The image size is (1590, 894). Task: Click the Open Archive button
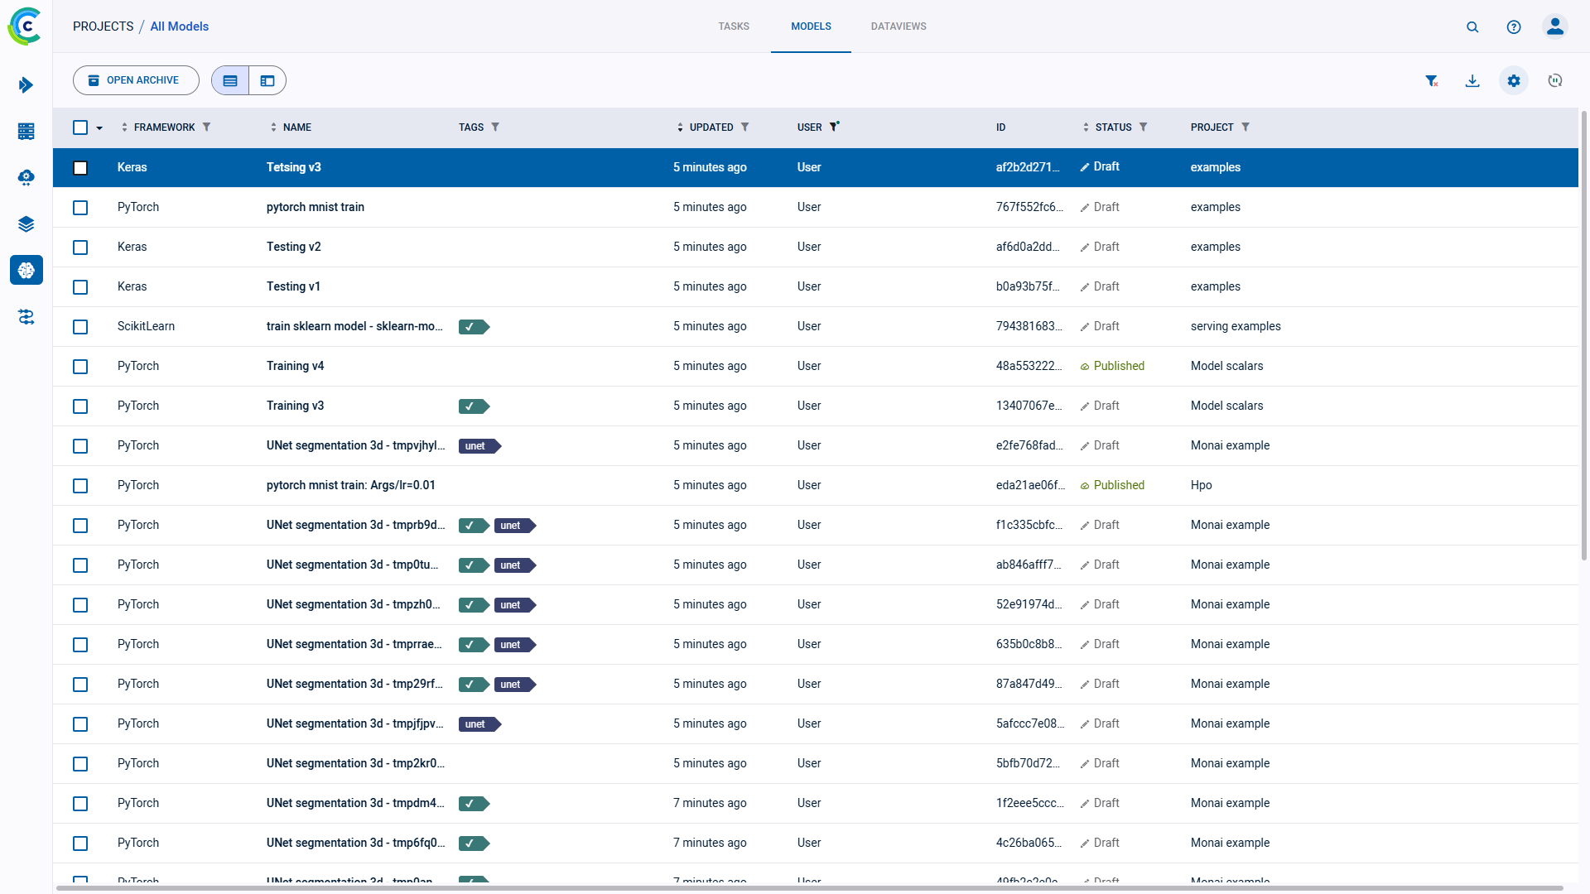pos(136,80)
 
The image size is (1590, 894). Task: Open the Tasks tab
pos(733,26)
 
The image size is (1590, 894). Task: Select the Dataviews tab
pos(898,26)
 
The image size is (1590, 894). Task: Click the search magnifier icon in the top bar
pos(1472,27)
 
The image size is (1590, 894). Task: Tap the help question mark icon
pos(1513,27)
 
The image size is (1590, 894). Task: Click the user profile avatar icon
pos(1554,26)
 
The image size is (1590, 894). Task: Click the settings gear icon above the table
pos(1513,81)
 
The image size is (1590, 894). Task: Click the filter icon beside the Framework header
pos(206,127)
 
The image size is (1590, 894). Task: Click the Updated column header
pos(711,127)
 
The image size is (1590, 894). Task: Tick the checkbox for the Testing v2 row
pos(80,248)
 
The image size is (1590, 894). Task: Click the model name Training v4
pos(295,366)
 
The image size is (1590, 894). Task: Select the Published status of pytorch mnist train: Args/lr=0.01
pos(1118,485)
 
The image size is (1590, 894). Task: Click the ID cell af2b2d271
pos(1027,167)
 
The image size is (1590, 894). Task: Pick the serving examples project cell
pos(1235,326)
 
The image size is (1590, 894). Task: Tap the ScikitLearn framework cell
pos(146,326)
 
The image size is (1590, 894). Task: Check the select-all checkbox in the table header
pos(80,127)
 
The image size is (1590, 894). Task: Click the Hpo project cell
pos(1201,485)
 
